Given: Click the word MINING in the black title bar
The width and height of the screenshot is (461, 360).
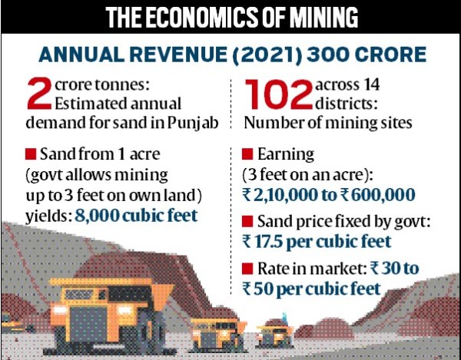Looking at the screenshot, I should coord(324,18).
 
